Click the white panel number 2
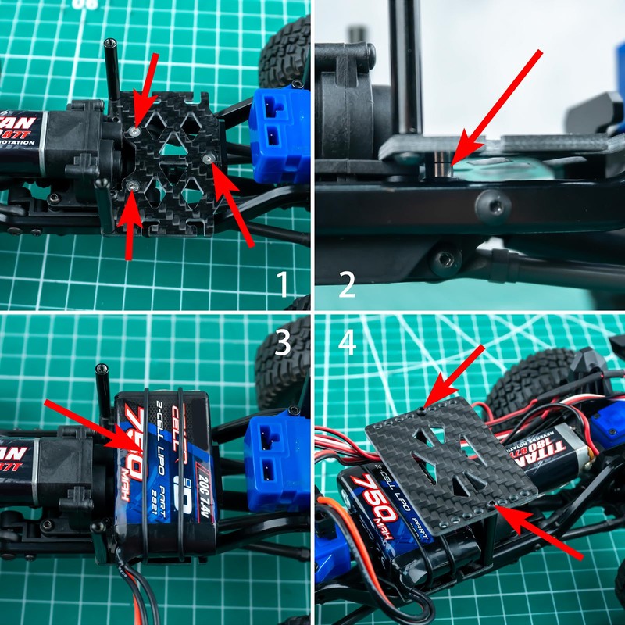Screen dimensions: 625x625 coord(347,284)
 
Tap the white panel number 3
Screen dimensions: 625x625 coord(284,341)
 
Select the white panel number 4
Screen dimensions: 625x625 coord(347,344)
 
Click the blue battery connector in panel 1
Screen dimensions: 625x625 coord(277,125)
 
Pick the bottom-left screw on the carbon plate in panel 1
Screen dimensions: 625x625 coord(134,187)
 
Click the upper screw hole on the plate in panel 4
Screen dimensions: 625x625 coord(423,409)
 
